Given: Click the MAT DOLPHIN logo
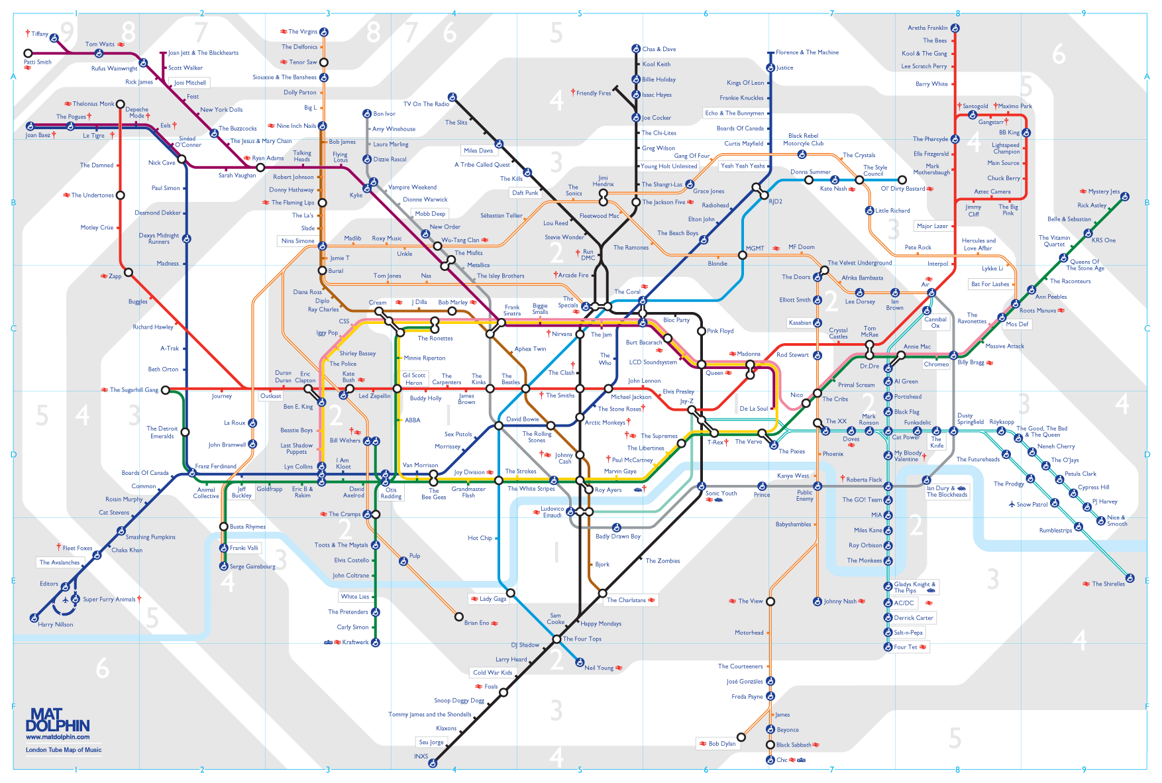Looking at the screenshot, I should (x=58, y=719).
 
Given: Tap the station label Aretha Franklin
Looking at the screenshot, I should (x=927, y=28).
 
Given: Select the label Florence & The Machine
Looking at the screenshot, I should (x=807, y=52).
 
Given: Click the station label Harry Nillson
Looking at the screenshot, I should (x=56, y=625).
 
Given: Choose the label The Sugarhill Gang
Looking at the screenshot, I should (x=134, y=390).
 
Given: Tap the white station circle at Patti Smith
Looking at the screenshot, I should (x=28, y=53).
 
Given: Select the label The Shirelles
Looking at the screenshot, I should (x=1108, y=584).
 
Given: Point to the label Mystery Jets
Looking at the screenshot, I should (x=1104, y=191).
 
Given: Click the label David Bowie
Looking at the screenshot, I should (x=523, y=419).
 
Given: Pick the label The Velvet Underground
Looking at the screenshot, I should (x=859, y=263).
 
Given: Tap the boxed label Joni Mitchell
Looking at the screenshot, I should (x=189, y=83).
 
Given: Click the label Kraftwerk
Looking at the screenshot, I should (x=355, y=642).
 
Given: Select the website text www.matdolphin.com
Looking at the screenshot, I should (x=58, y=737).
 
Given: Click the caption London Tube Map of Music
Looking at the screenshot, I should (x=64, y=750).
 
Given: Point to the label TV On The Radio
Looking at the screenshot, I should (x=426, y=104).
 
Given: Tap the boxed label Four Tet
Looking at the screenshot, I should (x=905, y=647).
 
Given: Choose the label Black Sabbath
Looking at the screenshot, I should (x=794, y=745).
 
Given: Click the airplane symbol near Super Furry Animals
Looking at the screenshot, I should (x=66, y=600).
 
